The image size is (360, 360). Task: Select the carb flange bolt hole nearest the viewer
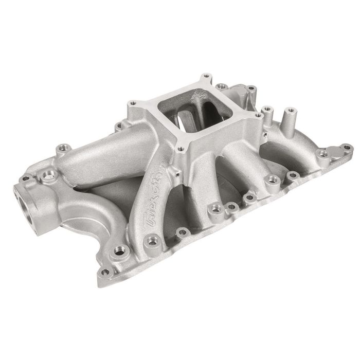point(180,149)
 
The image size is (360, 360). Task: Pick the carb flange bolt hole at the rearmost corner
point(206,77)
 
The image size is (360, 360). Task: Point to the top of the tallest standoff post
point(291,110)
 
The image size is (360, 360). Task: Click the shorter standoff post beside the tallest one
point(267,109)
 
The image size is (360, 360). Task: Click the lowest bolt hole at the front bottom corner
point(105,272)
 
